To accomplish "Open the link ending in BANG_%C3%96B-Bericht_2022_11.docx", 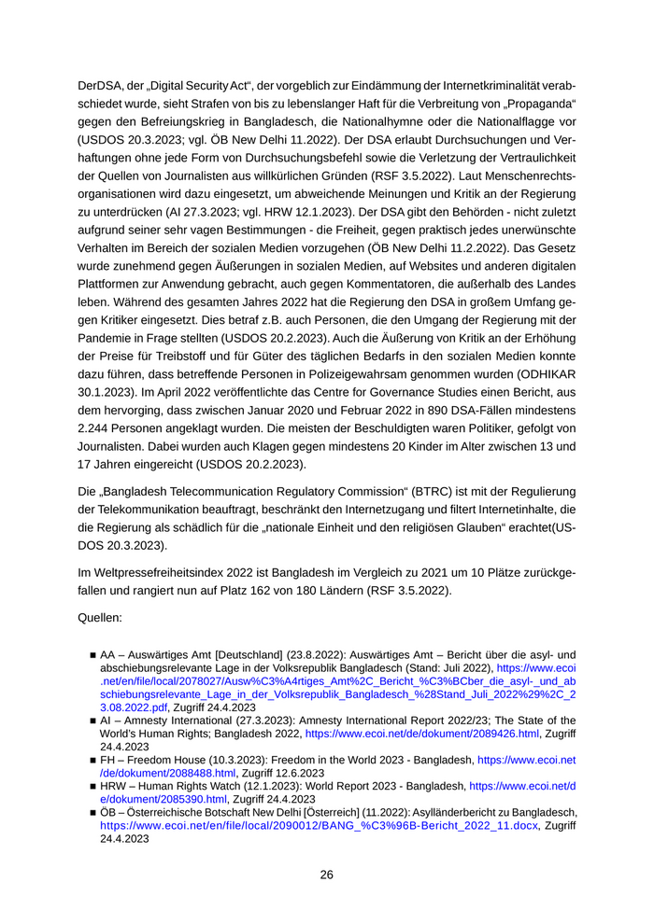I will click(x=320, y=826).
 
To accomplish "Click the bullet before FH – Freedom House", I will click(x=92, y=760).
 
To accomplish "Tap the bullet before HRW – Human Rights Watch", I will click(x=92, y=787).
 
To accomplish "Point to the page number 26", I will click(x=326, y=875).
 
